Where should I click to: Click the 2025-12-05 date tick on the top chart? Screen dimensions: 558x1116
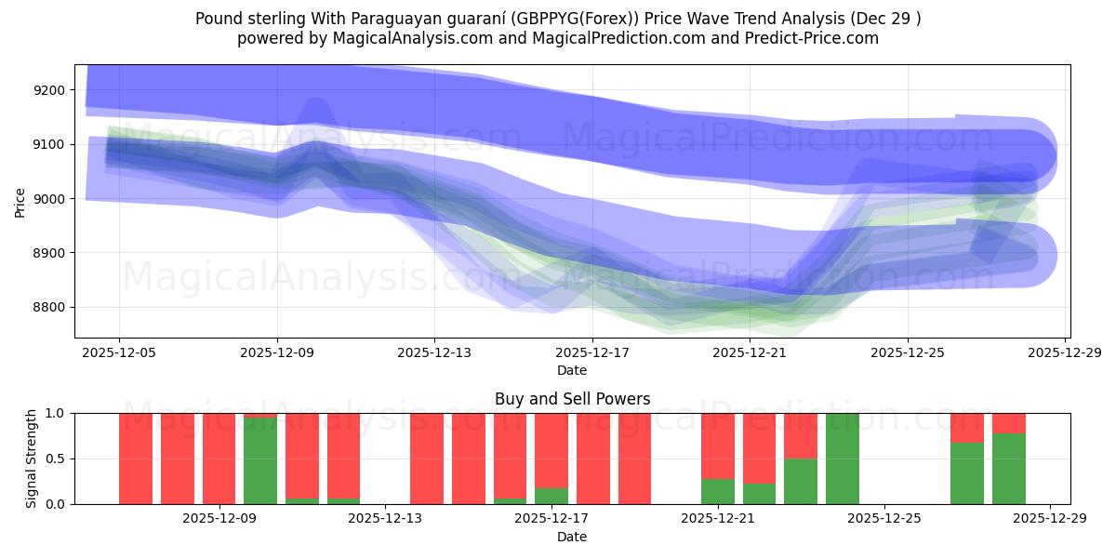pos(119,353)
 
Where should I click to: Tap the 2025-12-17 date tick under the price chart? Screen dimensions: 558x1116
pos(592,353)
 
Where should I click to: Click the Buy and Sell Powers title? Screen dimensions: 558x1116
pos(571,399)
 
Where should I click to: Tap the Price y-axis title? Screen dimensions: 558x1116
pos(20,201)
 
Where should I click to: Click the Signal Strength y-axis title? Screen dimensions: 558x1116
pos(31,458)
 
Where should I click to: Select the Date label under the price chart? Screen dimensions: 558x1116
pos(571,370)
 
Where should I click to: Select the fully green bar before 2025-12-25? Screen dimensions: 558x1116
pos(842,458)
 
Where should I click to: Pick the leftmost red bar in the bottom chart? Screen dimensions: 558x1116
pos(136,458)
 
